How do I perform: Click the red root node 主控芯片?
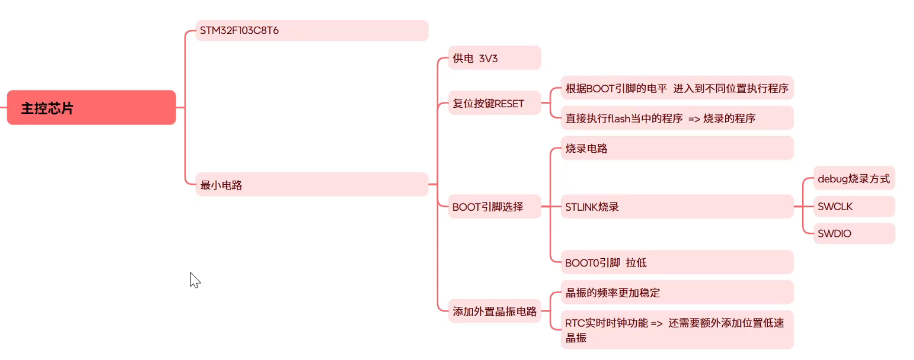91,107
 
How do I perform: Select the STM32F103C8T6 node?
312,30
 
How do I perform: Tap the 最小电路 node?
312,185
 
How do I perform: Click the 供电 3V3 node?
494,58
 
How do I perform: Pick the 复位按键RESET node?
494,103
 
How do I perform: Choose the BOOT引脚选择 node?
494,207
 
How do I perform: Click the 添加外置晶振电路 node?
494,311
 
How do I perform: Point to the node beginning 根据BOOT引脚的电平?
677,88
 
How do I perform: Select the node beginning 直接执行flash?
677,118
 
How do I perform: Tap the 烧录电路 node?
677,148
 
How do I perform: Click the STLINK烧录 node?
677,207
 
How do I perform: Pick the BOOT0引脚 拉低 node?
677,262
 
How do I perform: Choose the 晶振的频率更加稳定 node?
677,293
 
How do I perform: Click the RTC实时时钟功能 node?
677,330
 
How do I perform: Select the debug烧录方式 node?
854,178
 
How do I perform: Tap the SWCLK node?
854,206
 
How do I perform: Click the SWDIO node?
854,233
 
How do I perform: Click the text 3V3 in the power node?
488,58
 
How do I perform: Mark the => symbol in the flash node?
694,119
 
